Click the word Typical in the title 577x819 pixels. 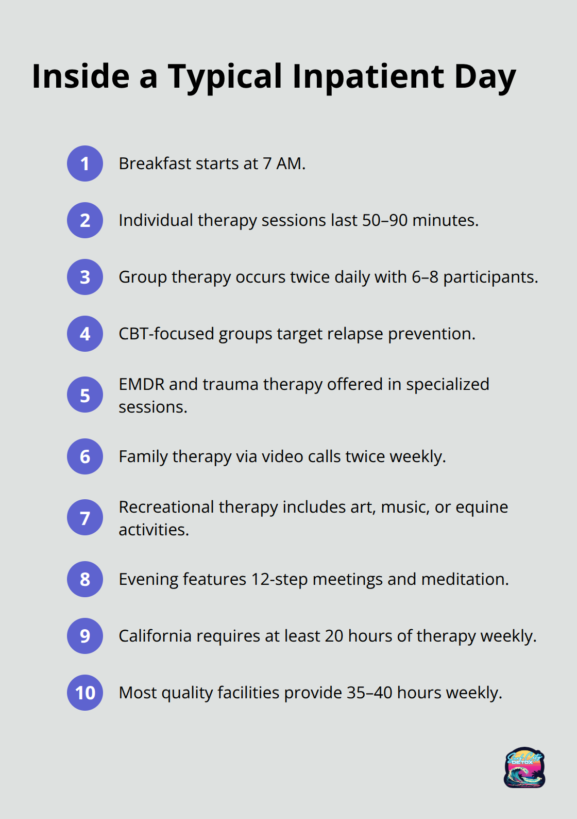[x=225, y=78]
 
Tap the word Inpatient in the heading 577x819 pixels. [x=368, y=77]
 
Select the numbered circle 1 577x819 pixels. [x=85, y=163]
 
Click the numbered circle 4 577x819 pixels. [x=85, y=334]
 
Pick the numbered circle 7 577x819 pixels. [x=85, y=517]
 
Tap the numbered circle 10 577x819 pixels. [x=85, y=693]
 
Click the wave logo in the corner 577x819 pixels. [x=524, y=767]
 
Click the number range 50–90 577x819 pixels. [x=385, y=220]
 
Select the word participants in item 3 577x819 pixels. [x=490, y=277]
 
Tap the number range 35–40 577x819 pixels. [x=369, y=693]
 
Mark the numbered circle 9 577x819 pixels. [x=85, y=636]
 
